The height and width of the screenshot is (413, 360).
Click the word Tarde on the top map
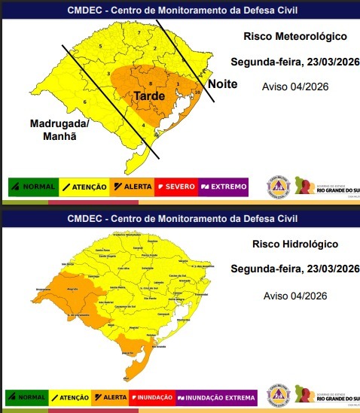point(149,96)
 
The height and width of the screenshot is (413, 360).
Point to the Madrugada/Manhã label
point(59,129)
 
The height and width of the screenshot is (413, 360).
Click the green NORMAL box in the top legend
point(28,186)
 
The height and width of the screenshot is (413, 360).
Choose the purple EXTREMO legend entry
point(223,186)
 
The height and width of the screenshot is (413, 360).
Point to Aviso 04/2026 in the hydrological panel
point(295,296)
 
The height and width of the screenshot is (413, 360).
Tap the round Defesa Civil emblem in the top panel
point(278,185)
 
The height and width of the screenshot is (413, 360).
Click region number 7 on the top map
point(139,35)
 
